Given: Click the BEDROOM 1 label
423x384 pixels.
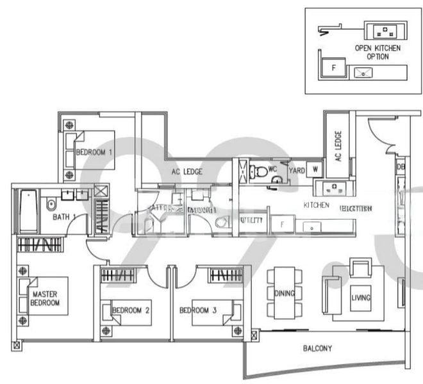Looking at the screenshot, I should click(94, 152).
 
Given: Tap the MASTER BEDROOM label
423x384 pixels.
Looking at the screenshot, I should click(45, 298).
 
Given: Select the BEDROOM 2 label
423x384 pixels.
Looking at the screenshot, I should click(131, 310).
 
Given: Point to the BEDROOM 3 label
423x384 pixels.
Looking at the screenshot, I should click(198, 310).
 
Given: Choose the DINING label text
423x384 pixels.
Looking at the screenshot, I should click(285, 294).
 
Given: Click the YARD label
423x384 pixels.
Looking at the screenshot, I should click(297, 171).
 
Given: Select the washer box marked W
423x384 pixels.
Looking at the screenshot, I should click(315, 170).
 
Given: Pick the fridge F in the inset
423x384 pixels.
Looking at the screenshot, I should click(333, 67).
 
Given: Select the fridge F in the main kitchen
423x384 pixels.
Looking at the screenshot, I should click(282, 223).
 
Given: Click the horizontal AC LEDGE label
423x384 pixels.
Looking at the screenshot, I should click(187, 172).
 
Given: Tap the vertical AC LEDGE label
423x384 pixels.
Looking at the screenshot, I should click(338, 148).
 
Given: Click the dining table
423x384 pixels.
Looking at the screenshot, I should click(285, 292).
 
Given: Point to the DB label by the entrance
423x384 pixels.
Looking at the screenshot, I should click(401, 166).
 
